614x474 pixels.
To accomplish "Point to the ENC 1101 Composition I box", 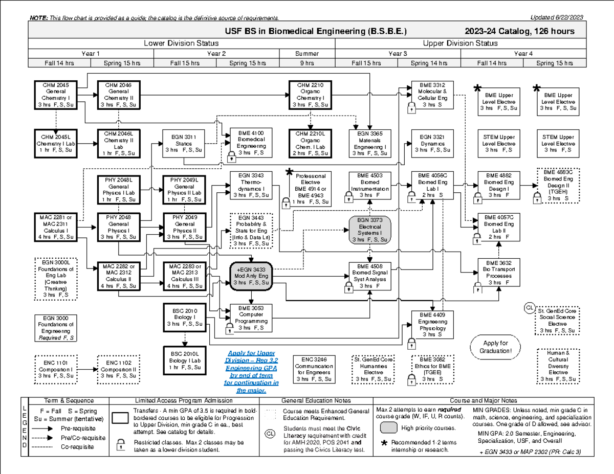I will [55, 369].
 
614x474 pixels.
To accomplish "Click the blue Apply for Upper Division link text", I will [251, 372].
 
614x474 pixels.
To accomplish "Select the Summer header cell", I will [307, 54].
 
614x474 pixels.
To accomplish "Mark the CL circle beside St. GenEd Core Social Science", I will [529, 307].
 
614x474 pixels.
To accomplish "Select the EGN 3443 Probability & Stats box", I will [251, 231].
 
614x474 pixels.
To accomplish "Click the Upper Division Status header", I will [460, 43].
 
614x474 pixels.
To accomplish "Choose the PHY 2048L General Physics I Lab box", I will [118, 189].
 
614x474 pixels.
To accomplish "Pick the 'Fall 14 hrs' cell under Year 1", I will [59, 63].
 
